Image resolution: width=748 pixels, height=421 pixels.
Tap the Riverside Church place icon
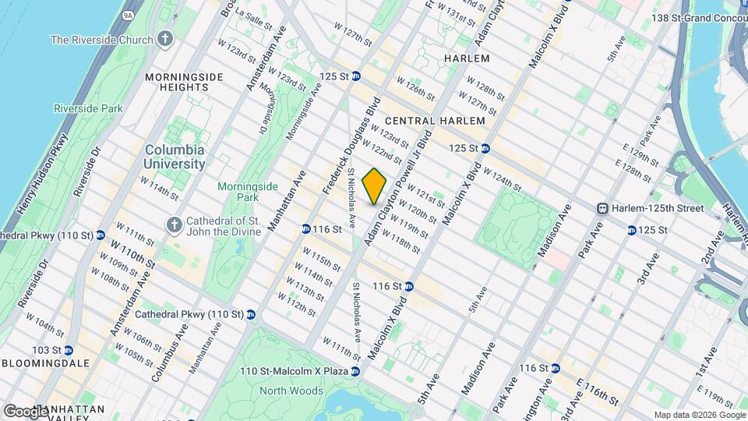coord(164,39)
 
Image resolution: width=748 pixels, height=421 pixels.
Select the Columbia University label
coord(174,157)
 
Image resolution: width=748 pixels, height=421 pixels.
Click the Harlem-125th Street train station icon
coord(602,208)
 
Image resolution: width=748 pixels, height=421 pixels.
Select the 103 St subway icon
coord(69,350)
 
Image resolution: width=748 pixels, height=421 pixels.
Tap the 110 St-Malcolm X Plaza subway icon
coord(356,371)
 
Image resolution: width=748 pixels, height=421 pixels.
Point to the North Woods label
coord(286,391)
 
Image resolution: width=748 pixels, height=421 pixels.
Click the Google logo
coord(25,411)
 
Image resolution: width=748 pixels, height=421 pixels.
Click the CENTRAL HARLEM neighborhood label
coord(435,121)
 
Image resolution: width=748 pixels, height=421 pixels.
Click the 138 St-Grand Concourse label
coord(700,18)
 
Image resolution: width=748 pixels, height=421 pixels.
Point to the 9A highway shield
coord(129,14)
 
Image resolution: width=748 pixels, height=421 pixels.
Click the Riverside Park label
coord(88,108)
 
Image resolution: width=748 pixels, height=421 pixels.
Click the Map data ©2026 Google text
coord(698,415)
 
